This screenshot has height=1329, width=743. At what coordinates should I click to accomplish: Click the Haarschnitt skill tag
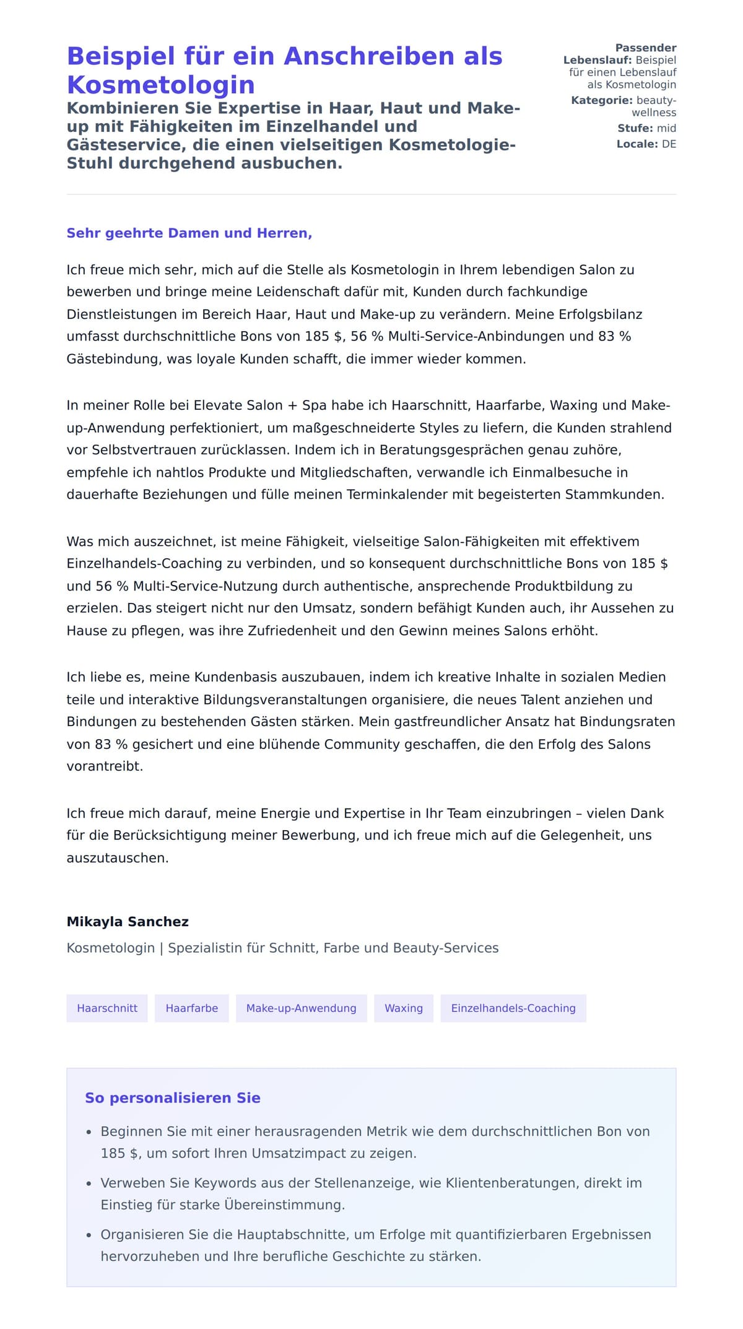point(107,1008)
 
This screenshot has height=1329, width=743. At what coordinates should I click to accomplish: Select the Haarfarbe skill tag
point(191,1008)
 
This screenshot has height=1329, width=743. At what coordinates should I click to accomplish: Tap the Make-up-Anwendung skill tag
point(301,1008)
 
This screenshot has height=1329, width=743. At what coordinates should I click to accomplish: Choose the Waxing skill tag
point(404,1008)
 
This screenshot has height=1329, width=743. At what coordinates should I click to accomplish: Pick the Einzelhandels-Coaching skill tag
point(513,1008)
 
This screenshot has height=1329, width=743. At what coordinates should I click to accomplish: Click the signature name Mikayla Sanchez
point(128,921)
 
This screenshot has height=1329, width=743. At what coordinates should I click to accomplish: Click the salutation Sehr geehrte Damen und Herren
point(189,233)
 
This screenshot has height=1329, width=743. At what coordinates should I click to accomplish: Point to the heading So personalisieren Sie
point(173,1097)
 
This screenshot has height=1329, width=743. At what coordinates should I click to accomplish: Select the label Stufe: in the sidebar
point(635,128)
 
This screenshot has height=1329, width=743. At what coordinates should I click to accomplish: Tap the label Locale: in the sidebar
point(637,144)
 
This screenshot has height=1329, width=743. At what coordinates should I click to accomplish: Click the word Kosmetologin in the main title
point(161,85)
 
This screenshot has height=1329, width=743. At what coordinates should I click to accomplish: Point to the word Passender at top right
point(646,48)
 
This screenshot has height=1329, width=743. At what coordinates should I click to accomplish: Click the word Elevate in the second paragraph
point(218,405)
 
